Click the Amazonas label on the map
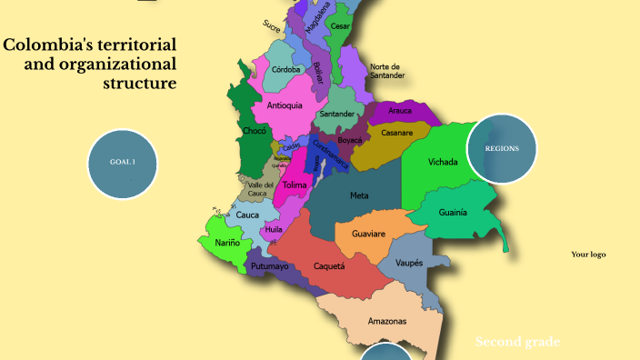[387, 322]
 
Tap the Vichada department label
[443, 163]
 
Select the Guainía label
[453, 212]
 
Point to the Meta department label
[359, 195]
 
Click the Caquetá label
[329, 266]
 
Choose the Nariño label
[228, 243]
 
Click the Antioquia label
[285, 105]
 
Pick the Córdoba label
[286, 69]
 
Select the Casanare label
[397, 133]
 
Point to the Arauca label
[400, 111]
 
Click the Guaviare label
[368, 234]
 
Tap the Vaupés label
[409, 263]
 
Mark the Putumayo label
[269, 266]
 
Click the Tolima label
[295, 185]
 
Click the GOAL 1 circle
[123, 162]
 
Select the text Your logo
[588, 255]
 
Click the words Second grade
[517, 342]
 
